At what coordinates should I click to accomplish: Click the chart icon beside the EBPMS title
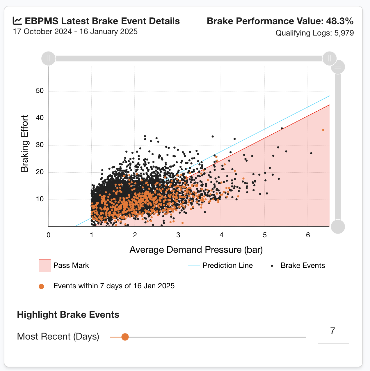click(17, 21)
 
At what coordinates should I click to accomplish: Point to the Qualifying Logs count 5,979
click(344, 33)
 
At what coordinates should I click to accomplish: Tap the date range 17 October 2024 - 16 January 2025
click(75, 31)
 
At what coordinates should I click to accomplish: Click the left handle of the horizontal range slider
click(48, 59)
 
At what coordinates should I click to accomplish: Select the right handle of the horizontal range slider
click(329, 59)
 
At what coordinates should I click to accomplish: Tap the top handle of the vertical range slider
click(338, 67)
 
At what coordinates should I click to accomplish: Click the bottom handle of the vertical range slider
click(338, 227)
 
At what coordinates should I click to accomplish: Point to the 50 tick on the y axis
click(40, 91)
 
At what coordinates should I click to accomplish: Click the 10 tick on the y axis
click(40, 199)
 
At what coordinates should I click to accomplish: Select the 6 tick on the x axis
click(308, 235)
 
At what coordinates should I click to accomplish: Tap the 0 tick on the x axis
click(48, 235)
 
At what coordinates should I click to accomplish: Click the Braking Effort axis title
click(25, 143)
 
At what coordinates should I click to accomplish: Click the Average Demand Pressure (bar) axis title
click(196, 250)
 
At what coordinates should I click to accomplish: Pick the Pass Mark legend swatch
click(45, 266)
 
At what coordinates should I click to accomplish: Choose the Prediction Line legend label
click(227, 266)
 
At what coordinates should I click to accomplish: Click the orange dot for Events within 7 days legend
click(41, 286)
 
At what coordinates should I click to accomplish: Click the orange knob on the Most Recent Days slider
click(125, 337)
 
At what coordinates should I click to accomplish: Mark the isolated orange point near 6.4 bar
click(323, 130)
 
